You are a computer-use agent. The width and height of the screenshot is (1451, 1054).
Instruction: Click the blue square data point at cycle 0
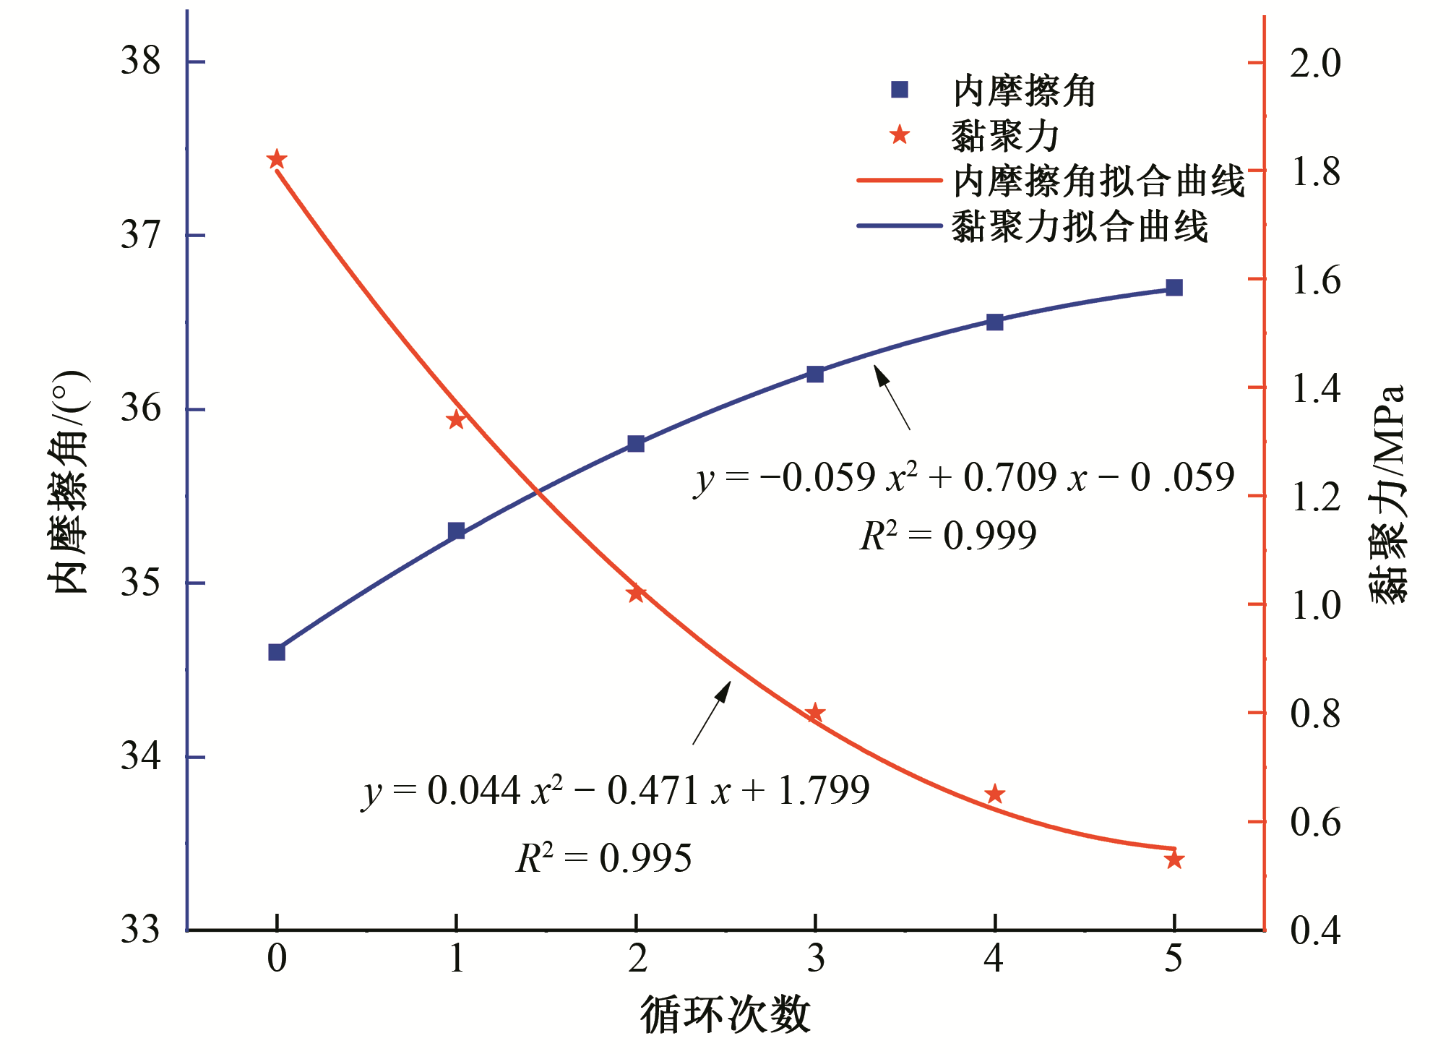point(277,652)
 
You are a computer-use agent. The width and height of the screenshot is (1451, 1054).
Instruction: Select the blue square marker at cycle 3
point(815,374)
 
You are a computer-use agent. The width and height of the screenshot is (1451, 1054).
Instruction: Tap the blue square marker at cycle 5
point(1174,288)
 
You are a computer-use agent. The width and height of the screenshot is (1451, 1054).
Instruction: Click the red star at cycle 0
point(277,160)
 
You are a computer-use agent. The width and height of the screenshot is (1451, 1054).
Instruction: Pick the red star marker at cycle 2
point(636,594)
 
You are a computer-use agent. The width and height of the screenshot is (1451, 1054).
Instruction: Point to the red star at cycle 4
point(995,794)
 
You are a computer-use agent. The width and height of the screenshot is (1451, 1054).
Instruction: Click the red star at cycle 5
point(1174,860)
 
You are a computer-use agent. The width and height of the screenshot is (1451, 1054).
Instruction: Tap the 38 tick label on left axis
point(140,61)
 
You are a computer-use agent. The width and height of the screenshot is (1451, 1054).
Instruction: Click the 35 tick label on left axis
point(140,583)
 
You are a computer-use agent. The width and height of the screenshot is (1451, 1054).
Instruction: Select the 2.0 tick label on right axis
point(1315,64)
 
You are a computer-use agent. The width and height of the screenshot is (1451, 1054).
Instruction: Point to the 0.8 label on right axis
point(1315,714)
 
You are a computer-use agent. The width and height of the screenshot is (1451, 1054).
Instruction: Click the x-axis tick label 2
point(637,959)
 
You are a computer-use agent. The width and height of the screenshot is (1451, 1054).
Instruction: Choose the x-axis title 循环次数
point(725,1015)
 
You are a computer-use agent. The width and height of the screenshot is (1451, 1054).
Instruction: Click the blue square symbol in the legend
point(900,90)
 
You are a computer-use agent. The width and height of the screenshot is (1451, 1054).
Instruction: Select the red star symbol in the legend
point(900,135)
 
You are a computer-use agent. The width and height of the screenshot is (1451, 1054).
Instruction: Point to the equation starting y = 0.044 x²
point(616,791)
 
